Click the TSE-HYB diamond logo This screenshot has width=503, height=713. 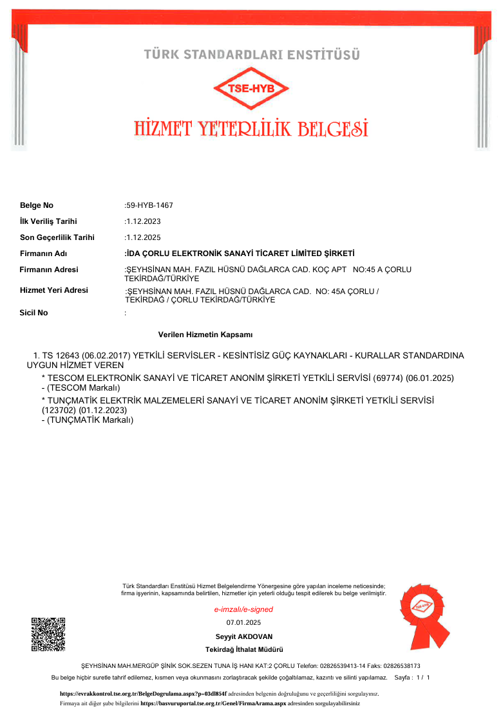pyautogui.click(x=252, y=89)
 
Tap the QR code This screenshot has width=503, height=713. pyautogui.click(x=48, y=634)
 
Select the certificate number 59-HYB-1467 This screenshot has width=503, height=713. pyautogui.click(x=149, y=205)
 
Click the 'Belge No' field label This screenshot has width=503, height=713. pyautogui.click(x=37, y=205)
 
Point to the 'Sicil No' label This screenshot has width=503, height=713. pyautogui.click(x=34, y=313)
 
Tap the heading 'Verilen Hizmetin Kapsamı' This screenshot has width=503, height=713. pyautogui.click(x=205, y=335)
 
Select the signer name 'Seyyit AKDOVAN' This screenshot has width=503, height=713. pyautogui.click(x=244, y=636)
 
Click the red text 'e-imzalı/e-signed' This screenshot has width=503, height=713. pyautogui.click(x=243, y=609)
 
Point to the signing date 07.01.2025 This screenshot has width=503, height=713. pyautogui.click(x=243, y=622)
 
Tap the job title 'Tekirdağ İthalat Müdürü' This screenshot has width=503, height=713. pyautogui.click(x=244, y=650)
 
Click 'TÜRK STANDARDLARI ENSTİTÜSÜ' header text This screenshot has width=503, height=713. pyautogui.click(x=252, y=55)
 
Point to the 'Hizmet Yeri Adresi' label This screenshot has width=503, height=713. pyautogui.click(x=54, y=290)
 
